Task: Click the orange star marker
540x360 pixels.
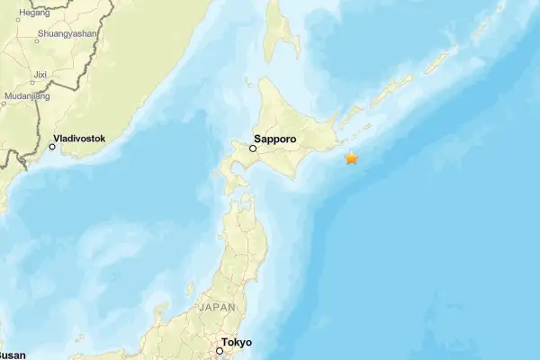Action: point(351,158)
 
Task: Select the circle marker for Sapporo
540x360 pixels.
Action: point(253,148)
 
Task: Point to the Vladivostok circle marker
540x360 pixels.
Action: point(52,147)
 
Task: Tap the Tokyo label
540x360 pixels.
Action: point(238,343)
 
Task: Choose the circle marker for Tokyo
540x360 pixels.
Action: point(219,350)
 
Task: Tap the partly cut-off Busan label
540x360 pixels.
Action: point(13,355)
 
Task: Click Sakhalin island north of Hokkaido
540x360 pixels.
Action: point(284,36)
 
